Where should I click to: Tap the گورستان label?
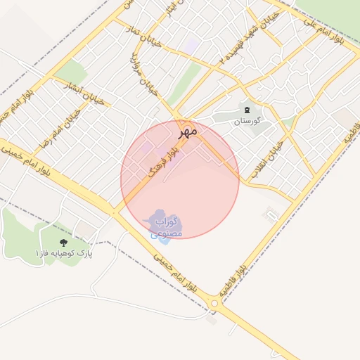247,121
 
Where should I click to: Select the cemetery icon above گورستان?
247,109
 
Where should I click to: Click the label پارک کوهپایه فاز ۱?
65,252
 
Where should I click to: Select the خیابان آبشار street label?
83,95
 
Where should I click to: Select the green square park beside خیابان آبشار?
70,71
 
